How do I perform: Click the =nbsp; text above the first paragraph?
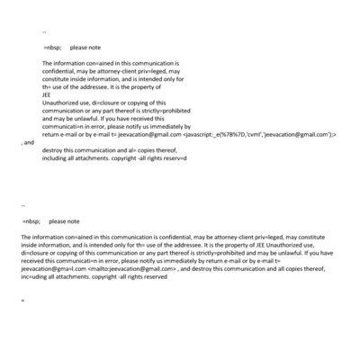point(52,47)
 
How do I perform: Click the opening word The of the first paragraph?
point(48,63)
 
